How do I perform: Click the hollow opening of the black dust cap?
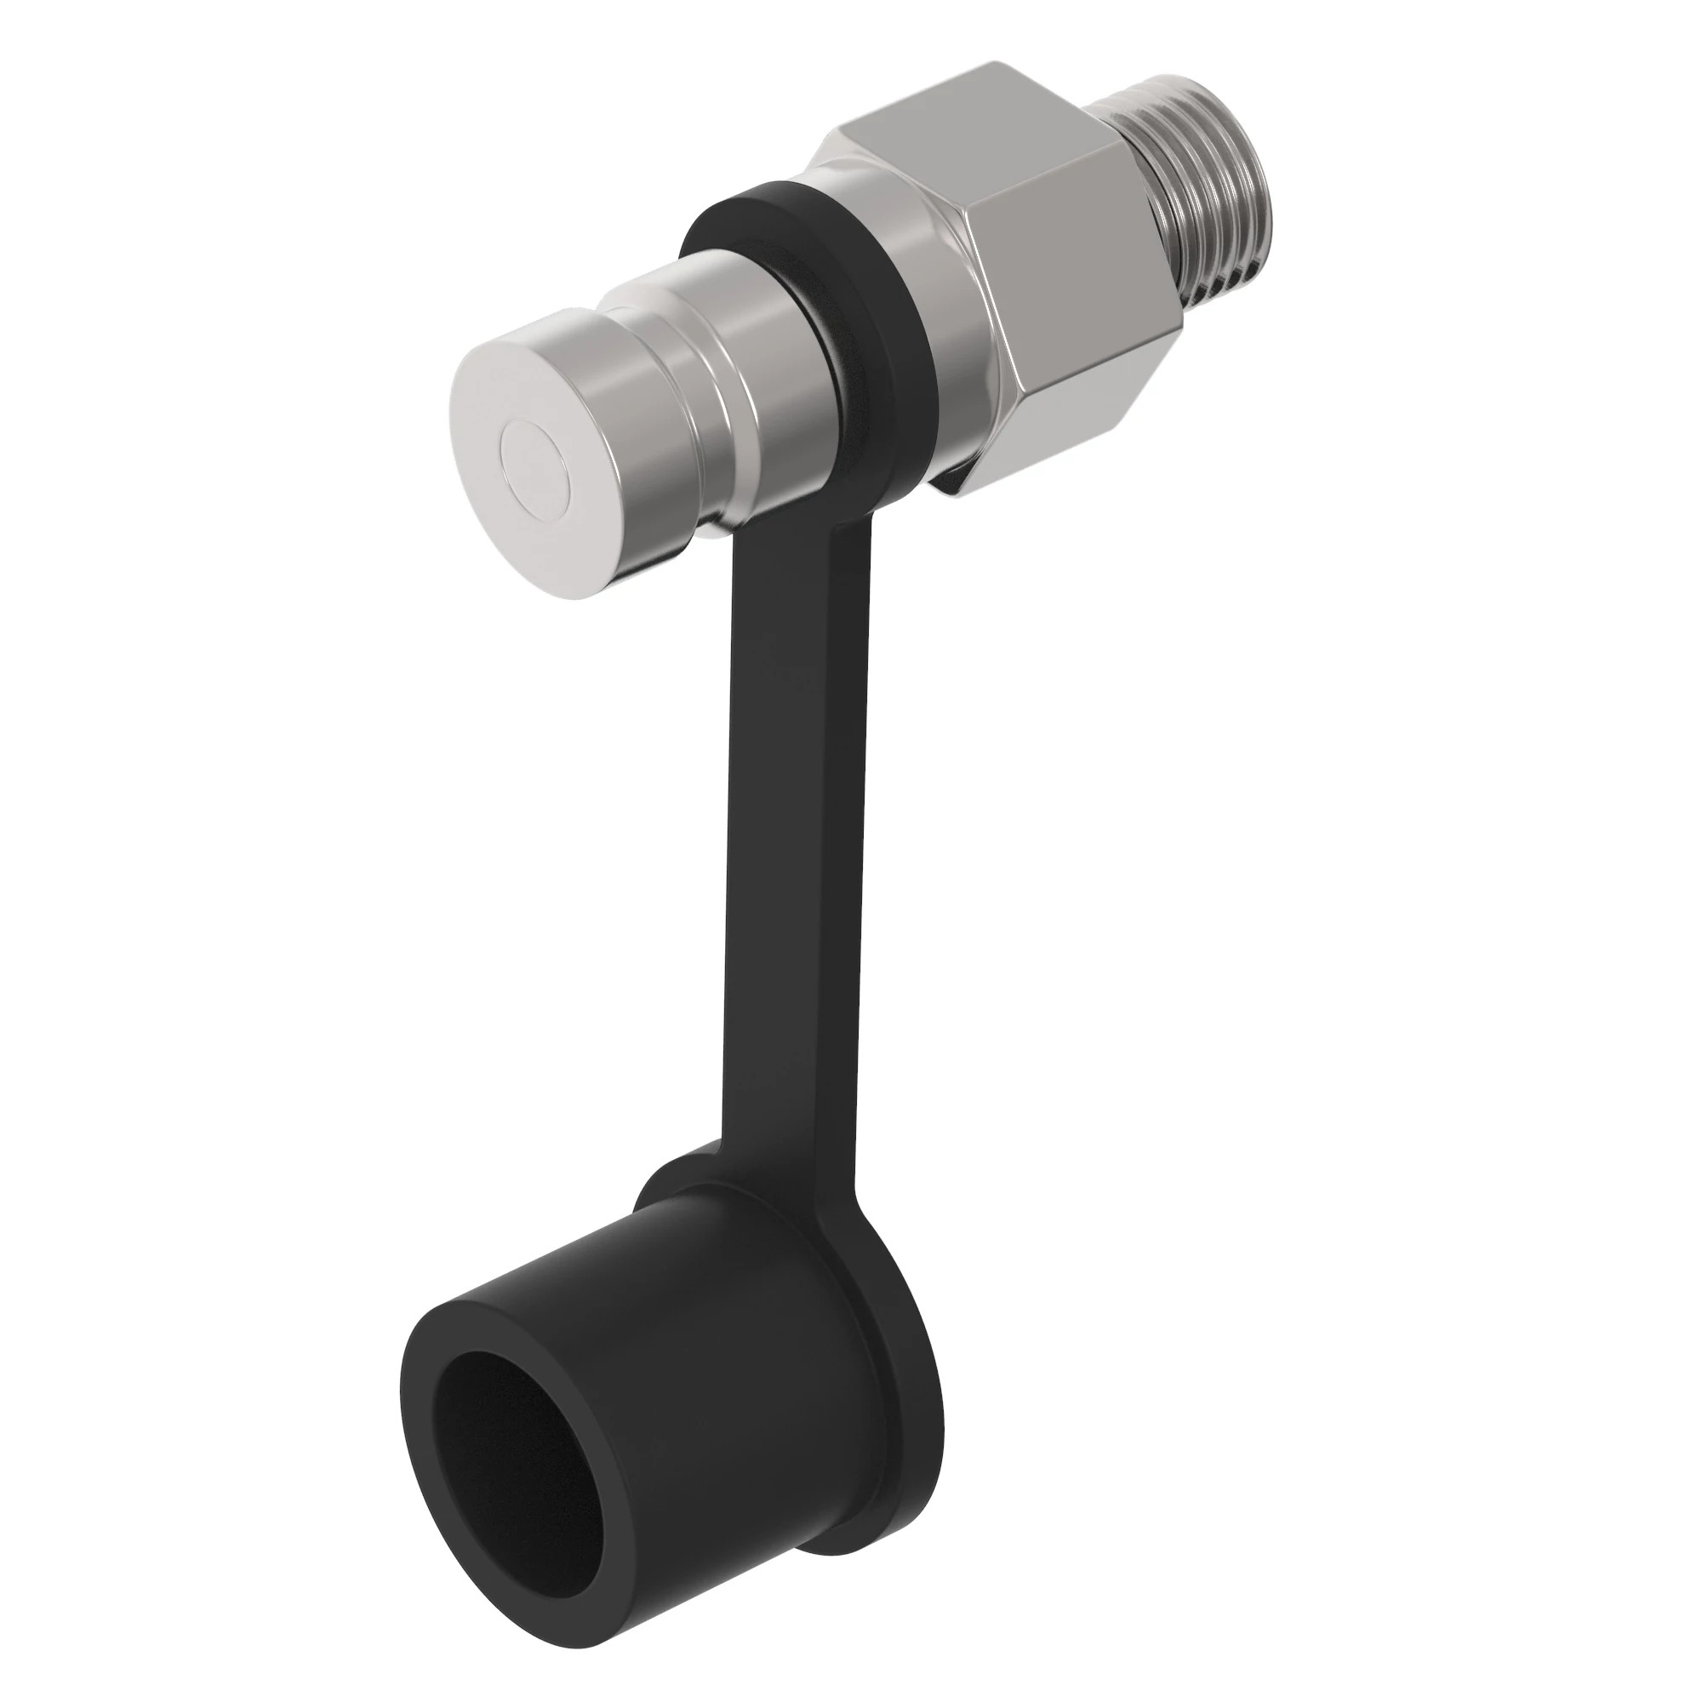pos(511,1445)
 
